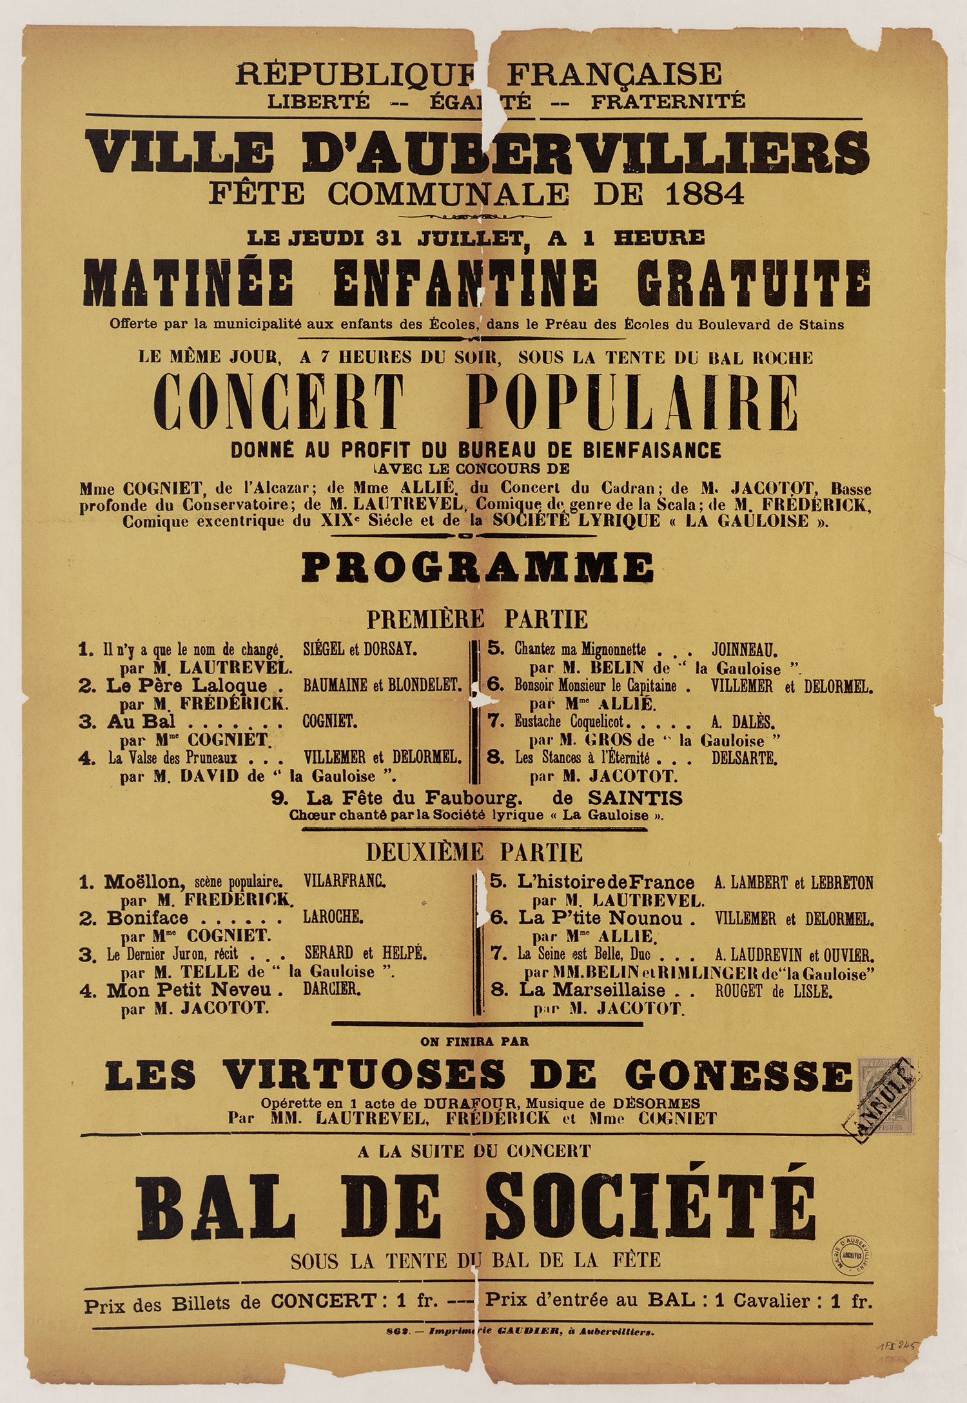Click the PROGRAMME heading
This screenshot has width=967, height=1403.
(478, 567)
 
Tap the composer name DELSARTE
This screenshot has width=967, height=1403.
(744, 758)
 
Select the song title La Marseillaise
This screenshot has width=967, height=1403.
(592, 990)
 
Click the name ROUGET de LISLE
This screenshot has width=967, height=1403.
(773, 991)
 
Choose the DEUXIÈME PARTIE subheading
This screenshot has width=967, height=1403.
(474, 852)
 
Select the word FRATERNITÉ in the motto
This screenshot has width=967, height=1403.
(668, 102)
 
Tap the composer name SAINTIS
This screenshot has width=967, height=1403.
(634, 798)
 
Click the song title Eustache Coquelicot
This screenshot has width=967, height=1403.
(573, 722)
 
